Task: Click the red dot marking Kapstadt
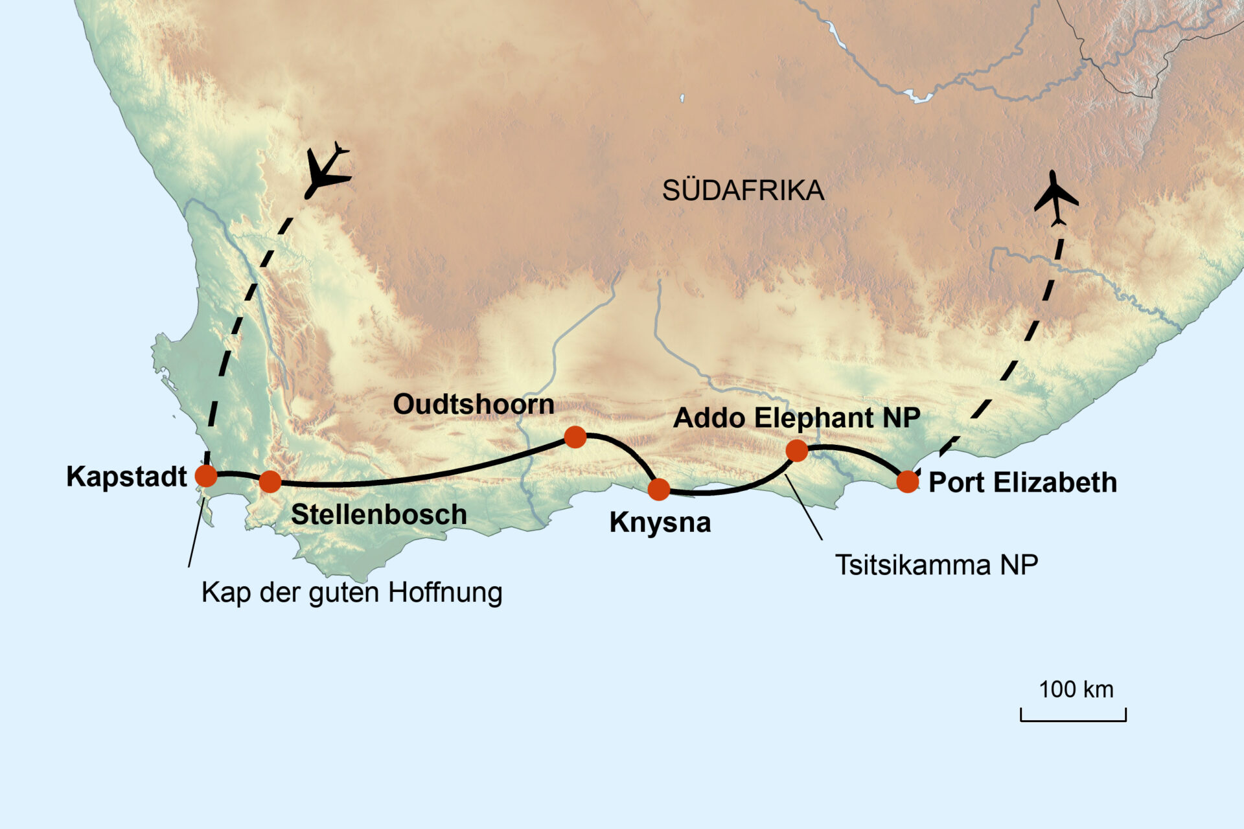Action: pos(206,475)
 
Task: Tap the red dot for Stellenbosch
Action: pos(270,481)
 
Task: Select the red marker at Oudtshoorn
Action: pos(575,437)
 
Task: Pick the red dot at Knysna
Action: pos(659,489)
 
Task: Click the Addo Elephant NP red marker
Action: pos(797,450)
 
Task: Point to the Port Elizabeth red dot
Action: pos(907,481)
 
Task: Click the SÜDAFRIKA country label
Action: pos(743,190)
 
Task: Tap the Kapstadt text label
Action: pos(126,477)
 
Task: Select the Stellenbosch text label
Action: pos(378,514)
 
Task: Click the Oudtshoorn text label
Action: pos(474,404)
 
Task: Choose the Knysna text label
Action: pos(660,522)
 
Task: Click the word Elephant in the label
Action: pos(814,418)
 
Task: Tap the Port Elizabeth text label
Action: pos(1022,483)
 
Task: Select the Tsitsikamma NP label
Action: pos(936,565)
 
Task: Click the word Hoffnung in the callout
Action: pos(445,592)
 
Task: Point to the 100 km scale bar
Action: pos(1073,719)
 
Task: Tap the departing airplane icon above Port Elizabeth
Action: pos(1056,198)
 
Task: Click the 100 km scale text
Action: pos(1076,689)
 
